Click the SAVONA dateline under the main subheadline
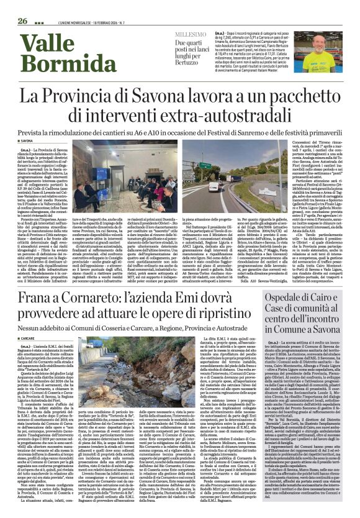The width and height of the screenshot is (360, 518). coord(26,141)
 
